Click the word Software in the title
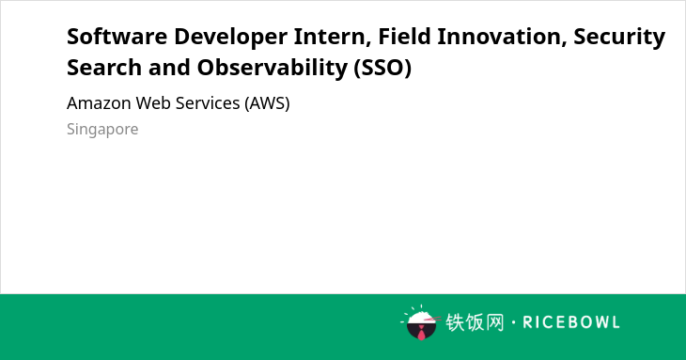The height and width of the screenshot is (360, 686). (x=117, y=37)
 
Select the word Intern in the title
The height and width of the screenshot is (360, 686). (x=332, y=37)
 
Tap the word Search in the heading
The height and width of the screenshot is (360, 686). (x=104, y=68)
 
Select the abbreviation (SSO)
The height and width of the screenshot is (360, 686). (x=382, y=69)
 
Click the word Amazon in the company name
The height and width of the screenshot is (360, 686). (x=99, y=103)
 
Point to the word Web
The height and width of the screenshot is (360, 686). (x=153, y=103)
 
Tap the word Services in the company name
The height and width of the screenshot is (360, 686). (x=208, y=103)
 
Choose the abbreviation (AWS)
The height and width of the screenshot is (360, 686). (x=267, y=103)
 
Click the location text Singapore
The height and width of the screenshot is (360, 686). (x=102, y=130)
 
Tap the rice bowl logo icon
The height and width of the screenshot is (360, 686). (x=420, y=322)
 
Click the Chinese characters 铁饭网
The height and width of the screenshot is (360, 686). (x=475, y=322)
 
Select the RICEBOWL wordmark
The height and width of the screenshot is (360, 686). (x=571, y=322)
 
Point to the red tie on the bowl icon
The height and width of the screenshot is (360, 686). (x=421, y=333)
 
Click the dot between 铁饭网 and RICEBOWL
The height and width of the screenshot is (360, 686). (x=513, y=322)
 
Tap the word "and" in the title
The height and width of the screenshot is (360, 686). (x=169, y=68)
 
